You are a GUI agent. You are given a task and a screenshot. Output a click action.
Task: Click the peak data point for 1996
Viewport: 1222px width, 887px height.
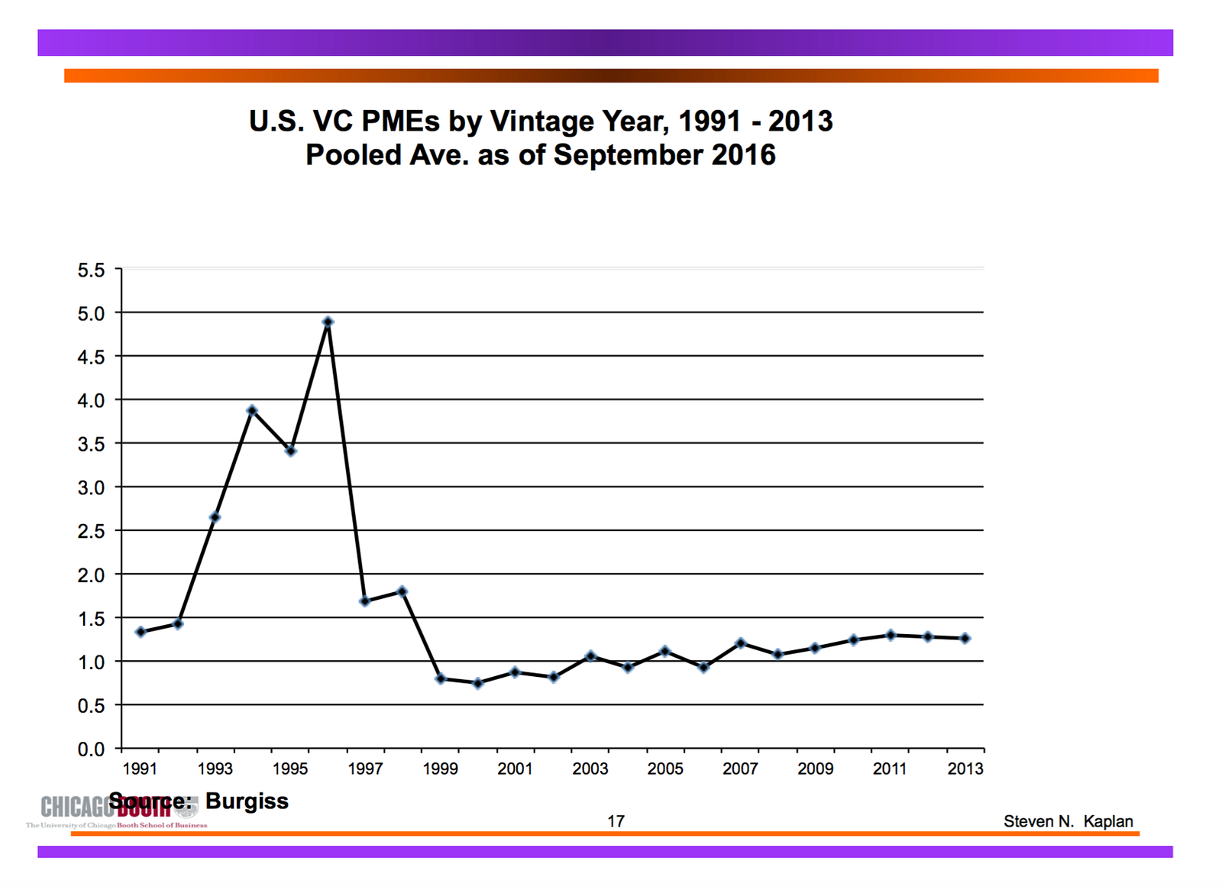(328, 322)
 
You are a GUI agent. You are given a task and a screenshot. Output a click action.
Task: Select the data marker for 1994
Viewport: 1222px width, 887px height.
(252, 411)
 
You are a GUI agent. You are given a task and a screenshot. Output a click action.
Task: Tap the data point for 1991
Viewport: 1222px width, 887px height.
(141, 632)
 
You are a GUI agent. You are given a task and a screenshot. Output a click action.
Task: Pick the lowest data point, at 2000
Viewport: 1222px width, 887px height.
(478, 684)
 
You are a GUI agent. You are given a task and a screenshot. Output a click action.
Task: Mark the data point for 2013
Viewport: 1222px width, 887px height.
(965, 638)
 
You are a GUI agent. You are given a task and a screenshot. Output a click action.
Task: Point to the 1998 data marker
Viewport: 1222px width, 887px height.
(402, 591)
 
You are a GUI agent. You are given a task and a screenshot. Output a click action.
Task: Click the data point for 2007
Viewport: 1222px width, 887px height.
(740, 643)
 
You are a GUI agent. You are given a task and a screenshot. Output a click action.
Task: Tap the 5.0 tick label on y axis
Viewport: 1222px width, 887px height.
(91, 313)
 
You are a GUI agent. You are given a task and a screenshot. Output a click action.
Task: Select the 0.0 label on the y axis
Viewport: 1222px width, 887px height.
(91, 749)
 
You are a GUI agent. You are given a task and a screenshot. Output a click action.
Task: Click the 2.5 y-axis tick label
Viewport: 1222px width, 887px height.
(91, 532)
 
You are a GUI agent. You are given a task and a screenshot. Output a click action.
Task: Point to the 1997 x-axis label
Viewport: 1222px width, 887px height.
(365, 769)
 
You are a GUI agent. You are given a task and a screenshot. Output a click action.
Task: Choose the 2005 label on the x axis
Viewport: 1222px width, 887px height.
(665, 769)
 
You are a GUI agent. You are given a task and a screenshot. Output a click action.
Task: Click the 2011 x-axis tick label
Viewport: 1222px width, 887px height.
(890, 769)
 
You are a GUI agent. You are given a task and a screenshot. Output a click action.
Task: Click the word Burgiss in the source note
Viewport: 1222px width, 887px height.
(247, 801)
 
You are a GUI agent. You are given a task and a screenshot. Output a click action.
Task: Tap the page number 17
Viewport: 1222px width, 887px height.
(616, 821)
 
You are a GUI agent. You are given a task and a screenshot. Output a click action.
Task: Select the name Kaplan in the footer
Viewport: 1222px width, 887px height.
(1108, 821)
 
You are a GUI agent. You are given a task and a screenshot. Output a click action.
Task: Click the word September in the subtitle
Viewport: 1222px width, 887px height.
(629, 155)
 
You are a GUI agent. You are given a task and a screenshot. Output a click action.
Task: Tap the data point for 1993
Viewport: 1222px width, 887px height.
(215, 517)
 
